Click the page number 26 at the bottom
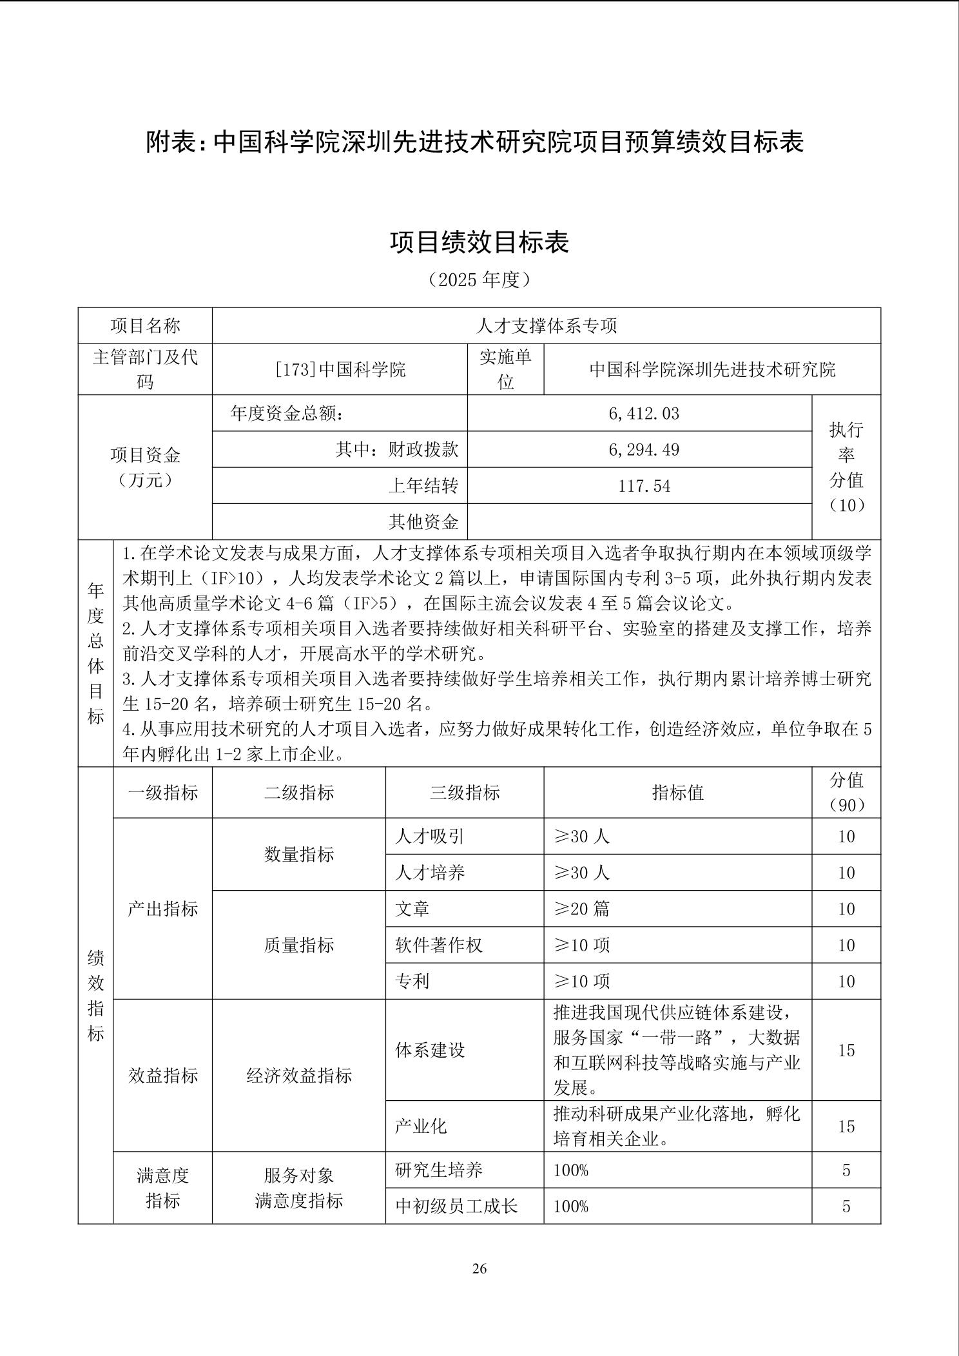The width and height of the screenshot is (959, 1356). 479,1268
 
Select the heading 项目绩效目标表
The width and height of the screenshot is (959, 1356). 479,242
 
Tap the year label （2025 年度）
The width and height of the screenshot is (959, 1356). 479,279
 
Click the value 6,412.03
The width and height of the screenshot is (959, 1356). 643,413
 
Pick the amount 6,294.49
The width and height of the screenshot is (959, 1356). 643,449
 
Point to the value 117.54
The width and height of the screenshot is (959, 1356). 644,485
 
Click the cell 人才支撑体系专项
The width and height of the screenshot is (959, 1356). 546,325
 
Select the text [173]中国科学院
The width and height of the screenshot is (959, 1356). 340,369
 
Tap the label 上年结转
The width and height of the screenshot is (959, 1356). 423,485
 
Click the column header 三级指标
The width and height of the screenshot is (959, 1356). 465,792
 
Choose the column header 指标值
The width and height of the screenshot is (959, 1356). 677,792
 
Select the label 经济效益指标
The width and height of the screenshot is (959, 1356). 299,1075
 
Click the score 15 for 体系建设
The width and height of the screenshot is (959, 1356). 846,1050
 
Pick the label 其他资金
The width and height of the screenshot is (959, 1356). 423,521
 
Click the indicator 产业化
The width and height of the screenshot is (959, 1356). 421,1126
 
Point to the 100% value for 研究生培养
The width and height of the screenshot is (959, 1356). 571,1170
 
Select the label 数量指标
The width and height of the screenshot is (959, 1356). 299,855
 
